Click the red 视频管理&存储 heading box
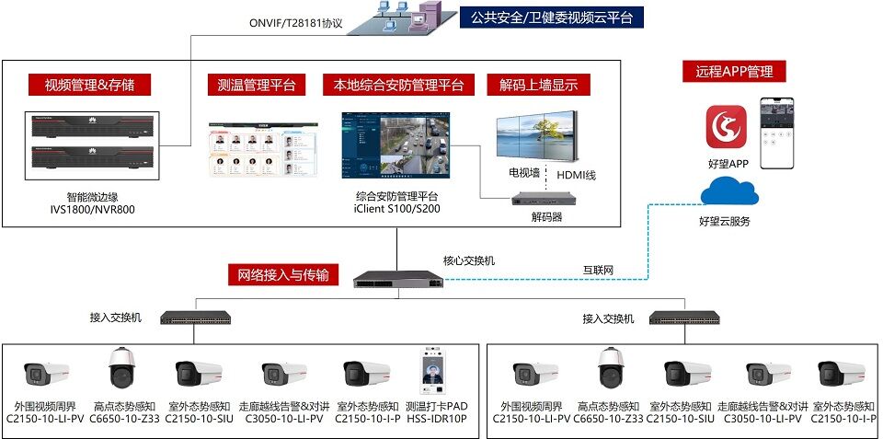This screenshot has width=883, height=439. click(x=89, y=86)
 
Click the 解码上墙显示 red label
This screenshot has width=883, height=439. click(x=539, y=86)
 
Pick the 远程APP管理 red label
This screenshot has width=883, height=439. click(x=733, y=72)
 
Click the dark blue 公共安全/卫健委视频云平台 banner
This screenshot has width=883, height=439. click(x=551, y=17)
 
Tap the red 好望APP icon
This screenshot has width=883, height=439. click(x=726, y=126)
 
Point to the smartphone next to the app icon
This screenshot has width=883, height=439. click(x=776, y=133)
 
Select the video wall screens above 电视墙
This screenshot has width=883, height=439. click(x=536, y=137)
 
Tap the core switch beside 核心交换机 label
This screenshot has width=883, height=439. click(x=397, y=278)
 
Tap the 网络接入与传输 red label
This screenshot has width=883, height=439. click(x=282, y=274)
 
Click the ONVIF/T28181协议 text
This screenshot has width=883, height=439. click(x=295, y=24)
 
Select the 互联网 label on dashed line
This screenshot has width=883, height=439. click(x=598, y=271)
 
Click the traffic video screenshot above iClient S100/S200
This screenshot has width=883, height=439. click(x=397, y=145)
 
